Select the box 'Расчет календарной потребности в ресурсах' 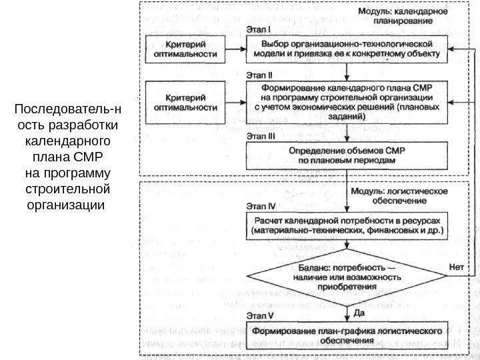[x=347, y=225]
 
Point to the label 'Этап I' [x=259, y=29]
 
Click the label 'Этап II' [x=261, y=74]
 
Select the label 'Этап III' [x=262, y=135]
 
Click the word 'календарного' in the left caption [x=65, y=142]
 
